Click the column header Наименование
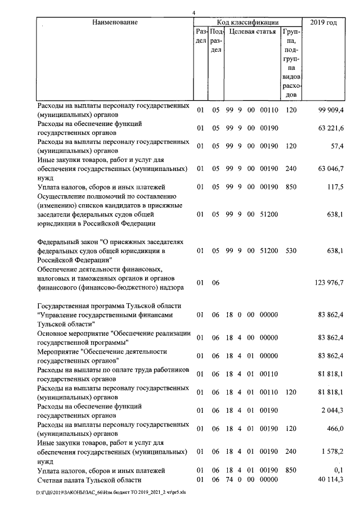click(x=115, y=22)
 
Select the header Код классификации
click(x=248, y=22)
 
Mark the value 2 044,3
click(x=331, y=411)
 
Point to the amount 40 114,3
click(x=329, y=480)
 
